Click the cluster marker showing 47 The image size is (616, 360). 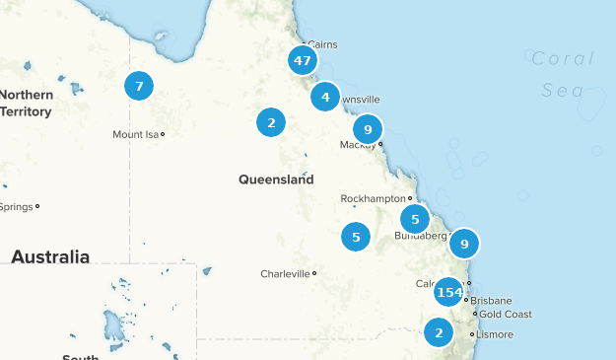coord(302,60)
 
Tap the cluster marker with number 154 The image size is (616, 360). coord(448,292)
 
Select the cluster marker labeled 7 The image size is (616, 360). coord(139,86)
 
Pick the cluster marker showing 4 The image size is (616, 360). coord(325,98)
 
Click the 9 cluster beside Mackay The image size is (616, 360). coord(367,129)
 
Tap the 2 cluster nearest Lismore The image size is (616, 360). coord(439,332)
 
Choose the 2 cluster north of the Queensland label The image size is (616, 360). coord(271,122)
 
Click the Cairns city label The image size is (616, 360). coord(322,44)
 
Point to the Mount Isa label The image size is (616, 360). coord(136,134)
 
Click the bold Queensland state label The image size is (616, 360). coord(276,180)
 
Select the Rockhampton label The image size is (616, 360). coord(374,198)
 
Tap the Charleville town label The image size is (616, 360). coord(285,273)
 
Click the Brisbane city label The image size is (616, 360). coord(491,300)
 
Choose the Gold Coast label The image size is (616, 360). coord(506,315)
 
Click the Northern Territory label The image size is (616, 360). coord(26,104)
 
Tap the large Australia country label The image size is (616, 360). coord(50,256)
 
